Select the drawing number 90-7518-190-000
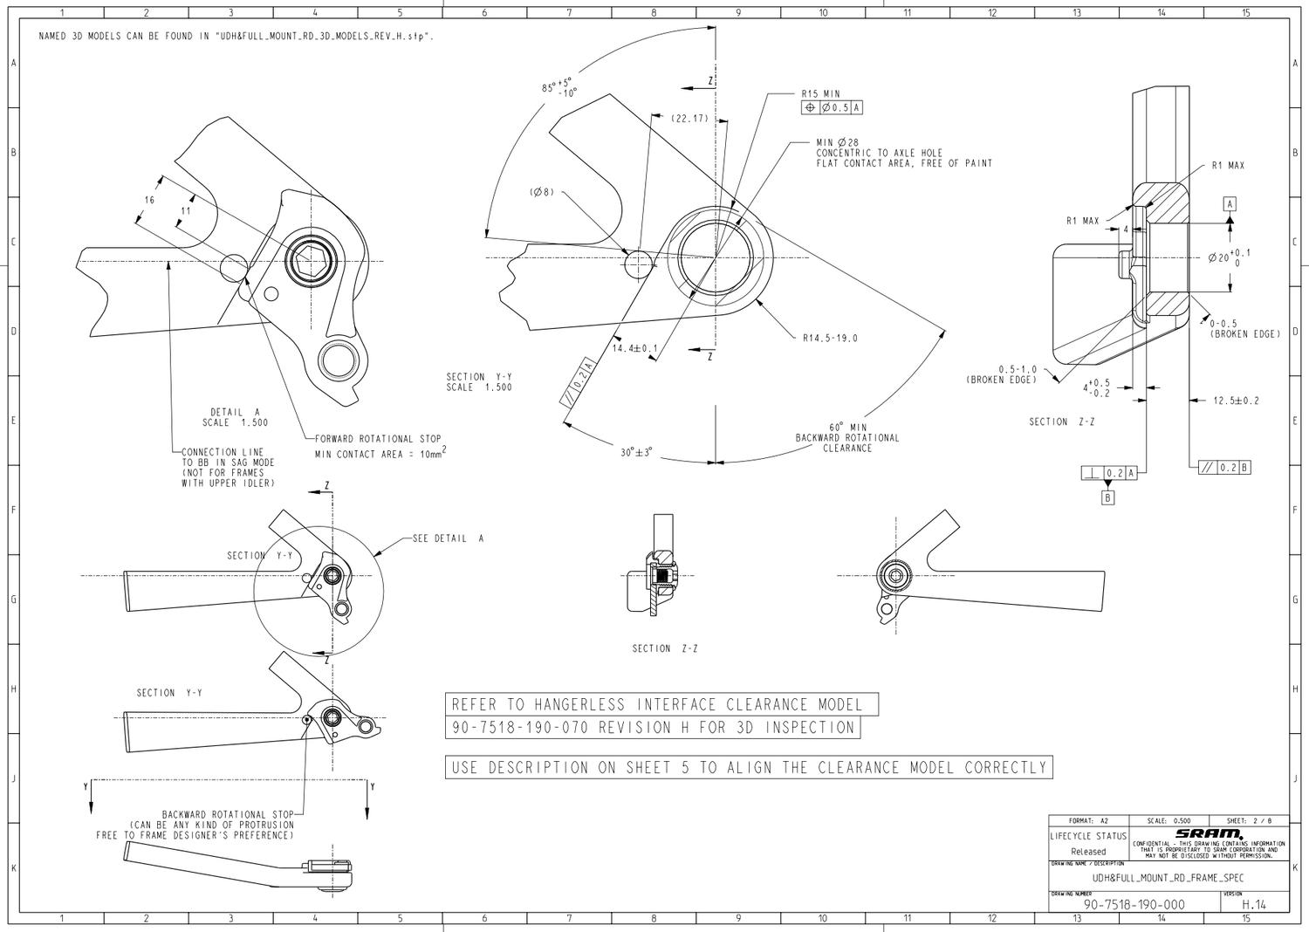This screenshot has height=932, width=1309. click(x=1134, y=905)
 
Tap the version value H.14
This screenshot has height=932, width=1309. click(x=1253, y=905)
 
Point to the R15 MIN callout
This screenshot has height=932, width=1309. click(x=820, y=93)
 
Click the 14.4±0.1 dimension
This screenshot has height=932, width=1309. click(x=634, y=348)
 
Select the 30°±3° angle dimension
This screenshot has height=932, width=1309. click(x=636, y=453)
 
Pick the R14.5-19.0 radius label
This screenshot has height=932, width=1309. click(x=829, y=339)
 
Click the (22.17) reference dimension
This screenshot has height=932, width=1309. click(x=689, y=119)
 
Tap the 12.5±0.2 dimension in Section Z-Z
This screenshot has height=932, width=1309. click(x=1236, y=401)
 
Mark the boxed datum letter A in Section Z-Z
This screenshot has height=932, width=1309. click(x=1230, y=204)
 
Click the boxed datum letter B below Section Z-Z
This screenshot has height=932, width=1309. click(x=1107, y=498)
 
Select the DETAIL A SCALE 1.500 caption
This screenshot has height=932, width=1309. click(x=235, y=417)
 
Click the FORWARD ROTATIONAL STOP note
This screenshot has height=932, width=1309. click(x=378, y=439)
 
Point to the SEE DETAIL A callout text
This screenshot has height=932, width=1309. click(x=448, y=538)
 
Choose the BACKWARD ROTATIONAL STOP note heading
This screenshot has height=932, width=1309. click(x=228, y=814)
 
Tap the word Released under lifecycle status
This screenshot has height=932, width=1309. click(x=1087, y=852)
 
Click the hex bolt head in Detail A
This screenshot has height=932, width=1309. click(x=310, y=260)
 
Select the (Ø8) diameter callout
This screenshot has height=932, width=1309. click(x=541, y=192)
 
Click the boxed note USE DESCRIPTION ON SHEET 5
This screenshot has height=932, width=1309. click(x=748, y=768)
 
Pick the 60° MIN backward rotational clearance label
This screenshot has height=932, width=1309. click(x=846, y=428)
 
